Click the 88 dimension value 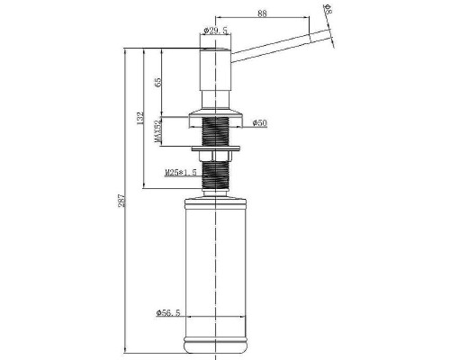pyautogui.click(x=262, y=13)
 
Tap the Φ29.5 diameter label pyautogui.click(x=215, y=31)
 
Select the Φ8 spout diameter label pyautogui.click(x=328, y=9)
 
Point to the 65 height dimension pyautogui.click(x=157, y=82)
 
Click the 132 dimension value pyautogui.click(x=140, y=118)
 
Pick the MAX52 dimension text pyautogui.click(x=157, y=131)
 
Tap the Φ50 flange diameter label pyautogui.click(x=260, y=123)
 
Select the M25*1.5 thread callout pyautogui.click(x=181, y=173)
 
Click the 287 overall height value pyautogui.click(x=121, y=201)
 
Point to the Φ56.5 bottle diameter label pyautogui.click(x=168, y=313)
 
